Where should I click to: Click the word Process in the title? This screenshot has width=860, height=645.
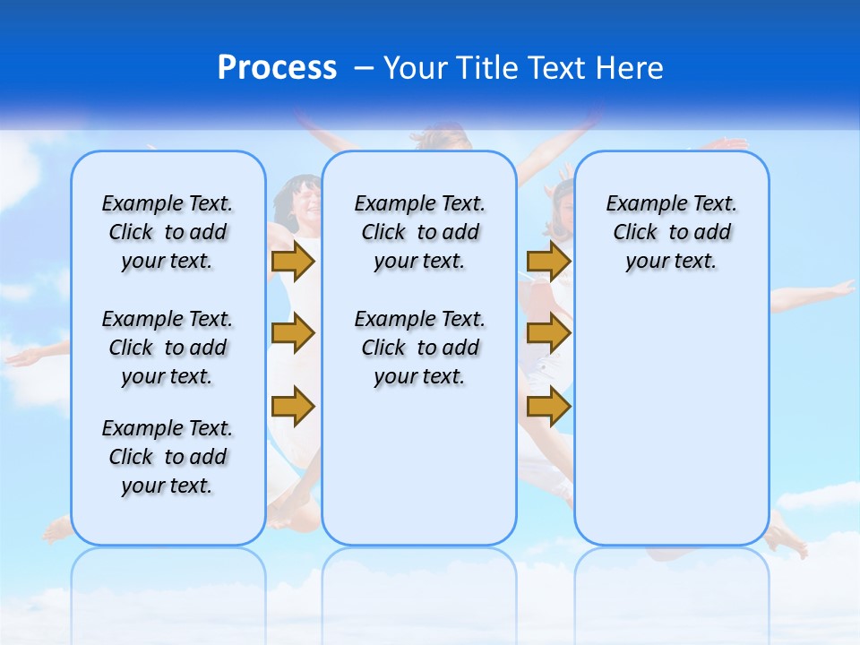[277, 67]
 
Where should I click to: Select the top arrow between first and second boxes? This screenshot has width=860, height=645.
[293, 262]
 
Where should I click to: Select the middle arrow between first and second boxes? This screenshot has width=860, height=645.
[293, 334]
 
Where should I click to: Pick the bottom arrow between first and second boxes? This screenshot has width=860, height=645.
[293, 405]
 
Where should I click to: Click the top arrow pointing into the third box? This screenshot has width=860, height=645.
[548, 262]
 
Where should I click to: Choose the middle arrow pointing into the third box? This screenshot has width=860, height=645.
[548, 334]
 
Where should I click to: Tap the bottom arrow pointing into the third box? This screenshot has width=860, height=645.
[548, 407]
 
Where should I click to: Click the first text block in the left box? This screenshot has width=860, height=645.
[168, 232]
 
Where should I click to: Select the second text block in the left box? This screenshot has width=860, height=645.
[168, 348]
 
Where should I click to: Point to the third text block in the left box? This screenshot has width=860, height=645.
[168, 457]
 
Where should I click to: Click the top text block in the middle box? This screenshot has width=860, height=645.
[419, 232]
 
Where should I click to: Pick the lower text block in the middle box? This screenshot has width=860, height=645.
[419, 348]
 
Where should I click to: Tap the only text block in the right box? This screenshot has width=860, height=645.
[671, 232]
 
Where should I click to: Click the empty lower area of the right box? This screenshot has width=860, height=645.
[671, 421]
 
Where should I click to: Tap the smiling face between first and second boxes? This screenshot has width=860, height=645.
[300, 202]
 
